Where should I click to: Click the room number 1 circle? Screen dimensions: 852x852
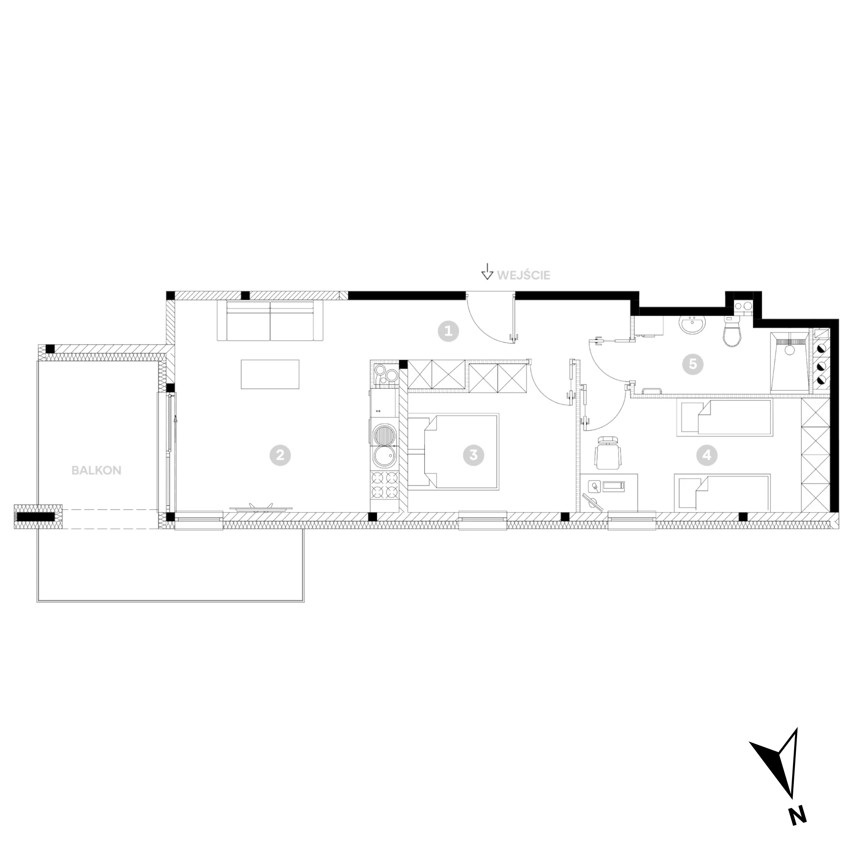tap(448, 331)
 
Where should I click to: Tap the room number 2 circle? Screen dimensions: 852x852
tap(280, 455)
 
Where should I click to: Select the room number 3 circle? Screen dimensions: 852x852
tap(473, 455)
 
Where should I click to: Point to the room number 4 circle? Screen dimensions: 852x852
tap(706, 455)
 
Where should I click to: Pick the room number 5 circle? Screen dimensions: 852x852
tap(692, 364)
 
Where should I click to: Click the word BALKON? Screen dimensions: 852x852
tap(96, 470)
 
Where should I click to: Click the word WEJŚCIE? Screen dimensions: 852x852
tap(523, 275)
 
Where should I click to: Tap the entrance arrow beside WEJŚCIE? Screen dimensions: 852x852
tap(487, 271)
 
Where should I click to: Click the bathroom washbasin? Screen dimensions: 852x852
tap(692, 324)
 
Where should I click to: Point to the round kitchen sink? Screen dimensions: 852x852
tap(384, 456)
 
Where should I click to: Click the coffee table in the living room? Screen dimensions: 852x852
tap(270, 374)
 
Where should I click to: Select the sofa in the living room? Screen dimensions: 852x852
tap(270, 321)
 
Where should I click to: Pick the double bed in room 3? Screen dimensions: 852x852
tap(453, 451)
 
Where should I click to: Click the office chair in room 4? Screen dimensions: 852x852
tap(609, 452)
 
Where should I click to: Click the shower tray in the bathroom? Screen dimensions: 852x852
tap(789, 362)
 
